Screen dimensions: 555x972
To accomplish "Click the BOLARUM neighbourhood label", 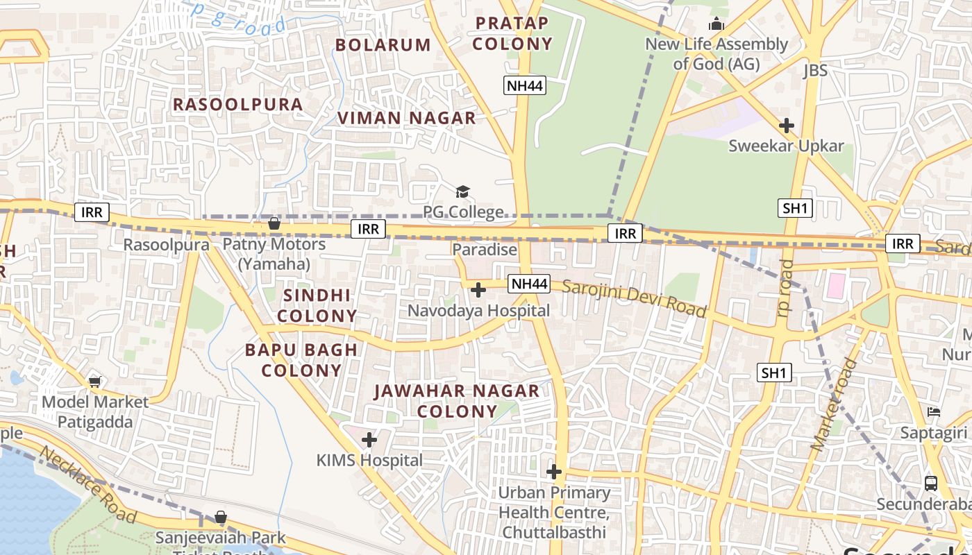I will tap(383, 45).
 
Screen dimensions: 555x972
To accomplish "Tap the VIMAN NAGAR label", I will tap(407, 118).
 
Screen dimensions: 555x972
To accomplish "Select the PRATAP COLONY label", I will tap(514, 33).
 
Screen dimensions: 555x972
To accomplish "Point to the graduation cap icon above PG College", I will tap(462, 191).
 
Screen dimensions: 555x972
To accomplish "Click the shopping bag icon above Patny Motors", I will tap(274, 223).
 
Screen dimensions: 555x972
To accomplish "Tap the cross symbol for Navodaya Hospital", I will tap(478, 289).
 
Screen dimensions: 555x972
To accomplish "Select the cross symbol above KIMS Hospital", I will tap(369, 439).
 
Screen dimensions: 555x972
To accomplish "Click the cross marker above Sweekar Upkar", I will tap(786, 126).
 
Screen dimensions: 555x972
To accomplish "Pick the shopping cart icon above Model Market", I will tap(95, 382).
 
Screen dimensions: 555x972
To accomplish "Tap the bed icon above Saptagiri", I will tap(934, 412).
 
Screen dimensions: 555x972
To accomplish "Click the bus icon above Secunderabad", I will tap(931, 483).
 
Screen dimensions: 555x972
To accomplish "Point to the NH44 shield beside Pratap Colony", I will tap(525, 85).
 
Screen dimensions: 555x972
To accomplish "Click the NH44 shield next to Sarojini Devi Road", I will tap(529, 283).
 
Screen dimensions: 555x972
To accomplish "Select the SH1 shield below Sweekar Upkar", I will tap(795, 207).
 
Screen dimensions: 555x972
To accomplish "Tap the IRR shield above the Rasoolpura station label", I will tap(92, 212).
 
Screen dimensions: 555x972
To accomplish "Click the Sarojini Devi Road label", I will tap(634, 299).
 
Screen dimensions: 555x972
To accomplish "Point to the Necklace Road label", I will tap(87, 484).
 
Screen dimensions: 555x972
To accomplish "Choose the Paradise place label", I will tap(485, 250).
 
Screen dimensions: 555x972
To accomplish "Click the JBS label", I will tap(815, 71).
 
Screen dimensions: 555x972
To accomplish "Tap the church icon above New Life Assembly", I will tap(717, 25).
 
